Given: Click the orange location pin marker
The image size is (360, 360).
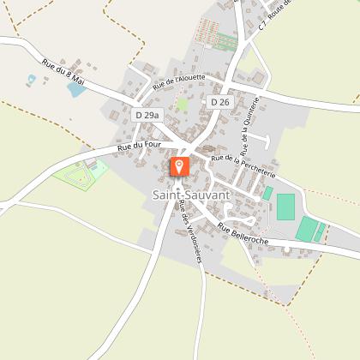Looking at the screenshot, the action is point(180,166).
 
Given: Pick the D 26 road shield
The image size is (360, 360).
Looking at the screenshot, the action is point(219,102).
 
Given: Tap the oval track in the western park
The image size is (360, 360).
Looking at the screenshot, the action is point(75,177).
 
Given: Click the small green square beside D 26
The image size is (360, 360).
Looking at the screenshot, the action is point(182,105).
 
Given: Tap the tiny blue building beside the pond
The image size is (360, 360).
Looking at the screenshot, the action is point(33,79).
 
